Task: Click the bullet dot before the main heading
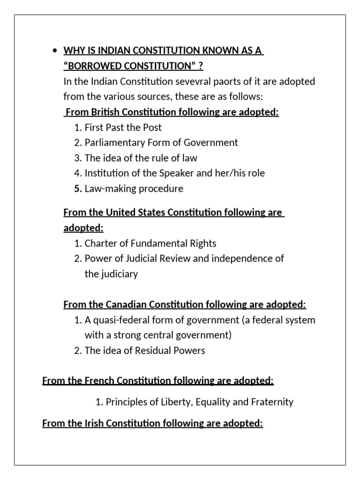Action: (55, 51)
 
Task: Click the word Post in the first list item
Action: (152, 127)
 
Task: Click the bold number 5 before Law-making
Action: (78, 188)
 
